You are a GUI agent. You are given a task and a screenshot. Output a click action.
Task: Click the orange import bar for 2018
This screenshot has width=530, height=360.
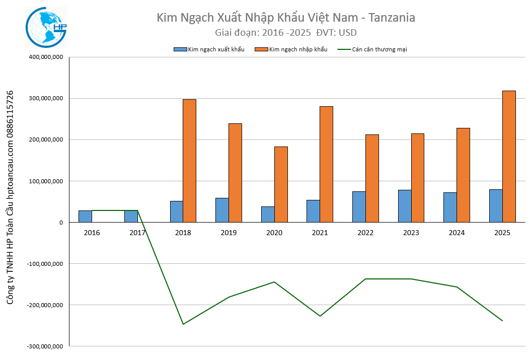pyautogui.click(x=189, y=161)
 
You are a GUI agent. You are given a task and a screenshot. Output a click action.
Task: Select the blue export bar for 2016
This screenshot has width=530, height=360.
pyautogui.click(x=85, y=217)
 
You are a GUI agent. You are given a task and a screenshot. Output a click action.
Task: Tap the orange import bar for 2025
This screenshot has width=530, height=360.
pyautogui.click(x=509, y=156)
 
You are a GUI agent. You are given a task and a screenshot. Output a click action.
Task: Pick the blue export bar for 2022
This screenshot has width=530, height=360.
pyautogui.click(x=359, y=207)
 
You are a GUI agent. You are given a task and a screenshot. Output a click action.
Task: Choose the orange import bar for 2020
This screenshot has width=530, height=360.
pyautogui.click(x=281, y=184)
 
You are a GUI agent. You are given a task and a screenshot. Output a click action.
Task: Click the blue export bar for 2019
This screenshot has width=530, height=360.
pyautogui.click(x=222, y=210)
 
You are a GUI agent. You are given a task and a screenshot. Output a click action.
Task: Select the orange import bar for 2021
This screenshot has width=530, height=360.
pyautogui.click(x=326, y=164)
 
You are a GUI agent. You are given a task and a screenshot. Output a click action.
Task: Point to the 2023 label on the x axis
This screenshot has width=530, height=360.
pyautogui.click(x=411, y=233)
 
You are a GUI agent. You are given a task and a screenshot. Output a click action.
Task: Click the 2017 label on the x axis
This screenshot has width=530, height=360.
pyautogui.click(x=137, y=233)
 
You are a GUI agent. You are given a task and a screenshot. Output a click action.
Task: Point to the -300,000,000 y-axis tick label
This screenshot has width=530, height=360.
pyautogui.click(x=44, y=346)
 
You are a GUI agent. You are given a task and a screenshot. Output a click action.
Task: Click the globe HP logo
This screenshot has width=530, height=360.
pyautogui.click(x=46, y=28)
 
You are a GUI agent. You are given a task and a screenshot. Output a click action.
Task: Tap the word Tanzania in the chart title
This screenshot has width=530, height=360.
pyautogui.click(x=392, y=18)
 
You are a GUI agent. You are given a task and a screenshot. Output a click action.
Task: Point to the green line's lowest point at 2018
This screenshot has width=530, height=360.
pyautogui.click(x=183, y=324)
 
